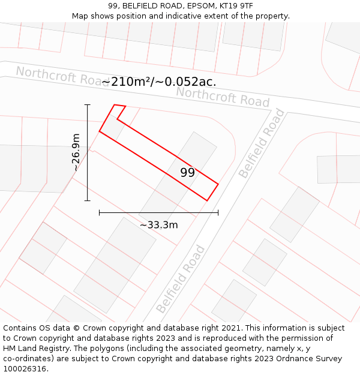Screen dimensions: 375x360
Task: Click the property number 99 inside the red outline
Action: pyautogui.click(x=187, y=173)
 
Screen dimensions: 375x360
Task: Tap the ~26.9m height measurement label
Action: pyautogui.click(x=76, y=152)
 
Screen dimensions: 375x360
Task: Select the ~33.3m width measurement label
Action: pyautogui.click(x=159, y=225)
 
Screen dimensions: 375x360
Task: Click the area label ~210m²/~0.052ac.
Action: pyautogui.click(x=159, y=82)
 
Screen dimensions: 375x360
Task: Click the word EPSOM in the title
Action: pyautogui.click(x=184, y=6)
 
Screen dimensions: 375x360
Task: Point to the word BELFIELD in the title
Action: pyautogui.click(x=141, y=6)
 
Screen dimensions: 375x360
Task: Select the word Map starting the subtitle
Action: pyautogui.click(x=80, y=16)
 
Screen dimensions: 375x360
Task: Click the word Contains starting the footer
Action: pyautogui.click(x=20, y=328)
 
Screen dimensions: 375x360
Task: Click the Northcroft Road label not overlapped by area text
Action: pyautogui.click(x=223, y=97)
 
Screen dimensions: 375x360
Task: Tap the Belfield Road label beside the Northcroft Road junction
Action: pyautogui.click(x=262, y=143)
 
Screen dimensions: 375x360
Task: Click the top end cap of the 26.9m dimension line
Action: pyautogui.click(x=88, y=105)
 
